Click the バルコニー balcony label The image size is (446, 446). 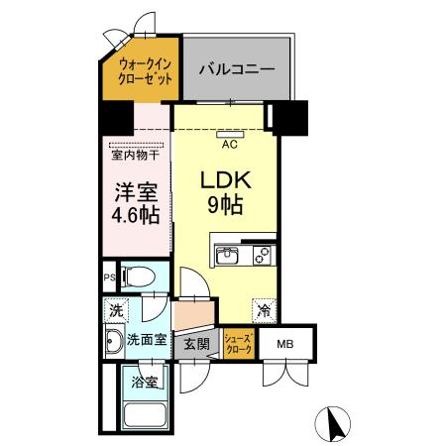(235, 69)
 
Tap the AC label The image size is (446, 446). (229, 145)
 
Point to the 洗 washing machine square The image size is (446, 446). (115, 311)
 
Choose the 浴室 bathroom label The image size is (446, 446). (145, 382)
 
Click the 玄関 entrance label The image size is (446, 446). (195, 344)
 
